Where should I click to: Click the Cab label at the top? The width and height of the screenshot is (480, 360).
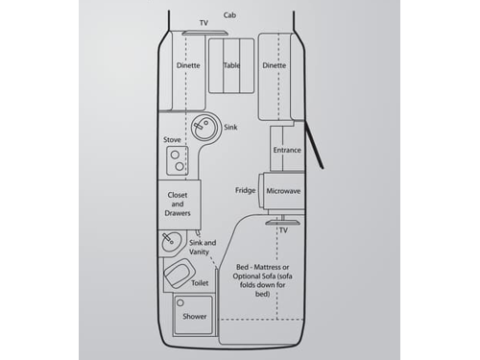click(x=230, y=15)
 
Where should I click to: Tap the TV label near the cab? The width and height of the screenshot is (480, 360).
click(x=204, y=22)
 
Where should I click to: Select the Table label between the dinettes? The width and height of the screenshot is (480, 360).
click(x=231, y=65)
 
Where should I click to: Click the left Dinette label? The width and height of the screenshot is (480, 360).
click(x=188, y=65)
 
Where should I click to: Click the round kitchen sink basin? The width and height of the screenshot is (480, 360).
click(x=204, y=127)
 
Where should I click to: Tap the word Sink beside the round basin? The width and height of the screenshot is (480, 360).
click(x=230, y=127)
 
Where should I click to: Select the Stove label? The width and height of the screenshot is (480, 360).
click(x=173, y=140)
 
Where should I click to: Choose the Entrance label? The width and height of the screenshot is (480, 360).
click(x=287, y=150)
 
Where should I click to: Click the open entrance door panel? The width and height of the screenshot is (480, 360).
click(x=316, y=145)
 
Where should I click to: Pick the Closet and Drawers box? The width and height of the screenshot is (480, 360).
click(x=177, y=204)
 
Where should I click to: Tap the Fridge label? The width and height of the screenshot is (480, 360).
click(x=245, y=190)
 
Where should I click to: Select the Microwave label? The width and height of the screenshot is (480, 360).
click(x=283, y=191)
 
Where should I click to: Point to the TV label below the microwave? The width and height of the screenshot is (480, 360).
click(x=283, y=230)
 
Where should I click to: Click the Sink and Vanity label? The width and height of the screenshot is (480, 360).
click(x=203, y=248)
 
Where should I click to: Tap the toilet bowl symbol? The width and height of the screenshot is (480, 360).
click(x=176, y=278)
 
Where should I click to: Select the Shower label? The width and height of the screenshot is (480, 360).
click(x=195, y=316)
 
